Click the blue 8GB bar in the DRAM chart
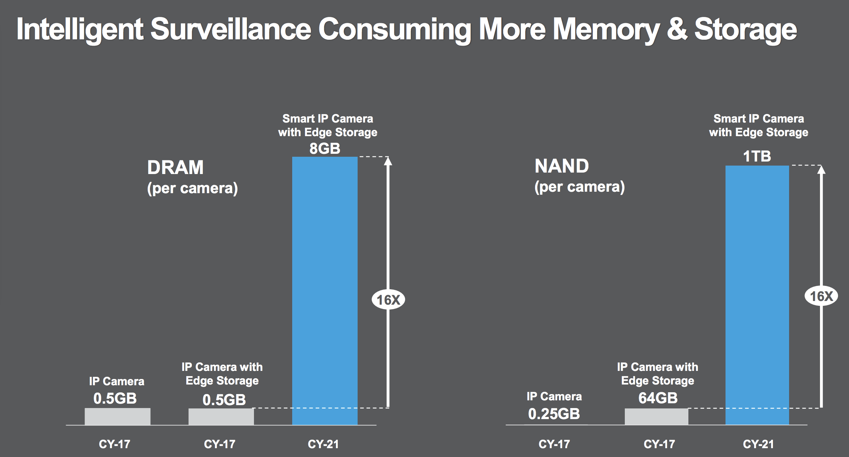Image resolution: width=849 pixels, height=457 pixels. click(325, 291)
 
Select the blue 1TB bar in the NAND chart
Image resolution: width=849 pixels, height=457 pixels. click(757, 294)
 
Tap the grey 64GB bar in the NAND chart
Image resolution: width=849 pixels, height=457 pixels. click(656, 417)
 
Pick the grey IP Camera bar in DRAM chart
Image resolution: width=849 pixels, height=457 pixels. click(117, 416)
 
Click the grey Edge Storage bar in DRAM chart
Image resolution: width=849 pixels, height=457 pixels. click(221, 417)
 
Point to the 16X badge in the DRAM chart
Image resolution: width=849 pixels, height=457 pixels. click(388, 300)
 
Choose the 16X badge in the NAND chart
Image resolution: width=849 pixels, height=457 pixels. click(821, 296)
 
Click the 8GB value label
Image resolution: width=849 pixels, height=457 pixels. click(325, 149)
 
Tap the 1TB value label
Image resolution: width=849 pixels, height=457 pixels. click(757, 156)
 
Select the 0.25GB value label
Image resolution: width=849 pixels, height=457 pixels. click(554, 414)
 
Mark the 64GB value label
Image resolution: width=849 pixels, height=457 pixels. click(658, 398)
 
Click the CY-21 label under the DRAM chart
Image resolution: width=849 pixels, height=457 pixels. click(323, 444)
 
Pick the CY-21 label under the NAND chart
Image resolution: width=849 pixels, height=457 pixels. click(758, 444)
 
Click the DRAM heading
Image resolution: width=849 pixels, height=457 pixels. click(175, 167)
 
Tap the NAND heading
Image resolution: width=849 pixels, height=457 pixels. click(562, 166)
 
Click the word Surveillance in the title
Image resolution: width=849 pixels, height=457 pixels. click(231, 29)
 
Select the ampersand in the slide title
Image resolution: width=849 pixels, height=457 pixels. click(677, 29)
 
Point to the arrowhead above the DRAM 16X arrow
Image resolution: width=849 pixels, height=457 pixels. click(388, 161)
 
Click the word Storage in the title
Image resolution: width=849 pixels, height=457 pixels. click(745, 29)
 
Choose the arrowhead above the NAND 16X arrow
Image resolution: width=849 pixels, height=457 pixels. click(821, 170)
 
